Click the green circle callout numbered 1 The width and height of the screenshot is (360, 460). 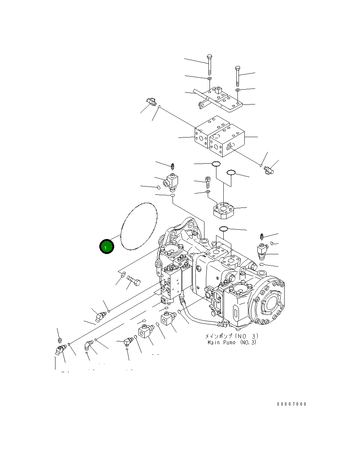pos(106,247)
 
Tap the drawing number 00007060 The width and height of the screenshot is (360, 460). pos(291,404)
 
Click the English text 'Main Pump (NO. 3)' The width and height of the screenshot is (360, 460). pos(232,342)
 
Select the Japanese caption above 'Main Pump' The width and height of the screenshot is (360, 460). pos(232,336)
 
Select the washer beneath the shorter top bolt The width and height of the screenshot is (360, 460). pos(237,90)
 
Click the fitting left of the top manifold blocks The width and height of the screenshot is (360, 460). pos(150,102)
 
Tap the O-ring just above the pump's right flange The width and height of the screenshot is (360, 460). pos(223,229)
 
